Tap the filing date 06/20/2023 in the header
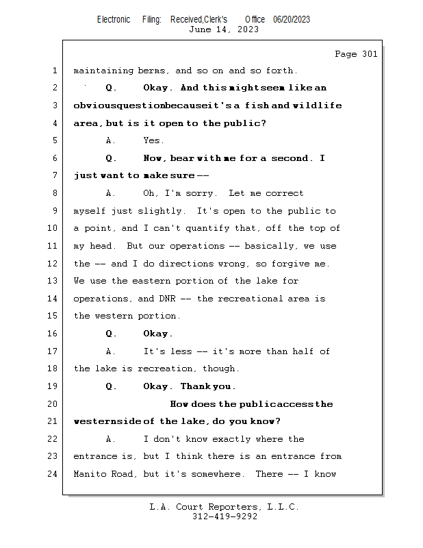pos(292,20)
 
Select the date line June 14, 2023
pos(224,29)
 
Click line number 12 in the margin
pos(54,264)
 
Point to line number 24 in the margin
pos(54,473)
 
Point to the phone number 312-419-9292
pos(225,516)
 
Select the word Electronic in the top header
pos(114,20)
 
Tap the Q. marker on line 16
pos(112,334)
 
